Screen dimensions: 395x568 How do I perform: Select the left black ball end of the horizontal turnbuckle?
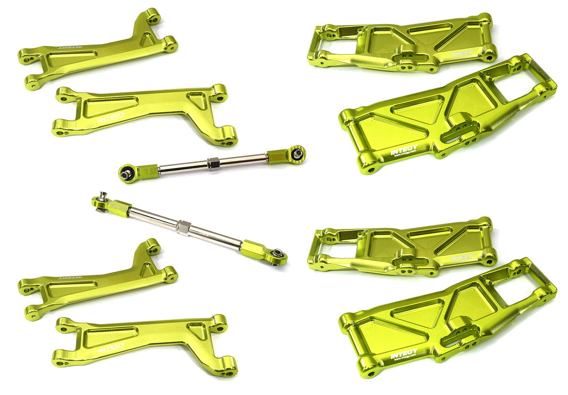click(126, 173)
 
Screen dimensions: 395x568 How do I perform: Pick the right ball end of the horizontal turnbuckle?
click(297, 153)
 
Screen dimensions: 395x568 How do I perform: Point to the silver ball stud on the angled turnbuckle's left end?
click(101, 198)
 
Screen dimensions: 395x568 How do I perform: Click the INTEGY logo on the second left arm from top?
click(112, 117)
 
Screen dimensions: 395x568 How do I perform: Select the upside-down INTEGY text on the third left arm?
click(67, 278)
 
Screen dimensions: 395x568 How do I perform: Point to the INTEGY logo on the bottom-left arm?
click(112, 348)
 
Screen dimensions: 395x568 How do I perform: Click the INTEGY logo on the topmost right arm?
click(461, 53)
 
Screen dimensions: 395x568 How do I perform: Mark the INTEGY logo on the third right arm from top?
click(461, 258)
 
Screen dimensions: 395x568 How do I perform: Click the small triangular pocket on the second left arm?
click(197, 101)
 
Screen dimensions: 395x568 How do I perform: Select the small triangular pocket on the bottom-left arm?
click(197, 331)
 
